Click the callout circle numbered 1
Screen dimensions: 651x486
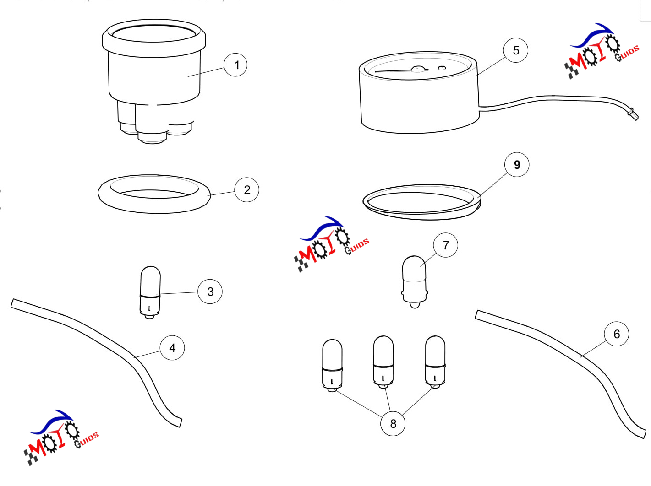[235, 65]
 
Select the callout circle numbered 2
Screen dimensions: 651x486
[247, 190]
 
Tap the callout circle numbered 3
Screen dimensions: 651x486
[210, 292]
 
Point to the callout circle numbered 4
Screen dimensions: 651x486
[172, 348]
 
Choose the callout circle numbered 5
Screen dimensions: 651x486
[516, 50]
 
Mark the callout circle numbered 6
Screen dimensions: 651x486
[617, 334]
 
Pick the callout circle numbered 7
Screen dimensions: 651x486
[445, 245]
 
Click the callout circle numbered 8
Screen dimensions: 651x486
[393, 423]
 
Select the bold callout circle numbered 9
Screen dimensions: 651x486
[517, 165]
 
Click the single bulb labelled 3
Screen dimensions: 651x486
[150, 292]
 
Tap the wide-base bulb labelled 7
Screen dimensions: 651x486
[414, 281]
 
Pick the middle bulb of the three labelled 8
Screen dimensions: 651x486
[383, 362]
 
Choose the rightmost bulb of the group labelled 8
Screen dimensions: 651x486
[435, 362]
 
